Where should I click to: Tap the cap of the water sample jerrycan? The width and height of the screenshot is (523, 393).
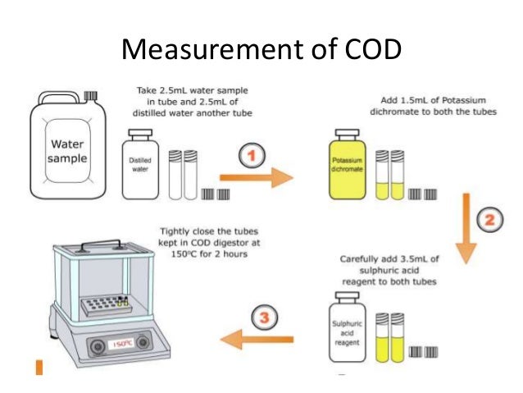coord(90,96)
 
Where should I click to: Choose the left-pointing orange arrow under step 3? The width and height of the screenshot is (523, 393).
coord(257,336)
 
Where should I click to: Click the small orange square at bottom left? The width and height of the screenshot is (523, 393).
coord(39,366)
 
